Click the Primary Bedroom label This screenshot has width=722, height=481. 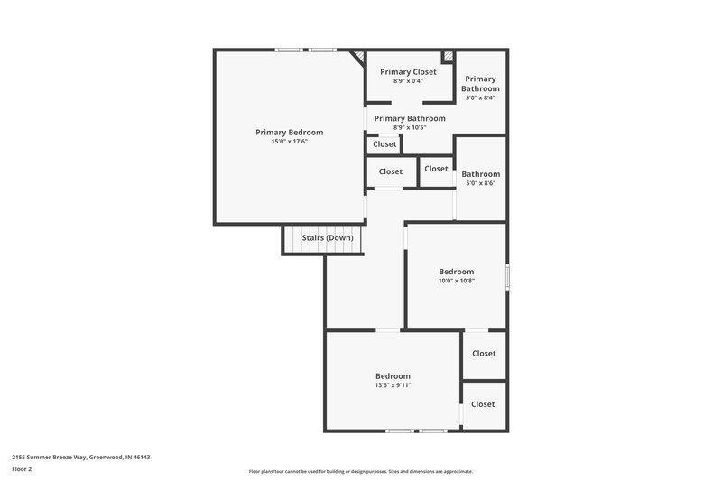point(289,132)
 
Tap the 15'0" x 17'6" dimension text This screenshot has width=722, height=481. point(289,142)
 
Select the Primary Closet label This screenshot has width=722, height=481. point(408,71)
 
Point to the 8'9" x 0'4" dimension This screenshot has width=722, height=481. point(408,81)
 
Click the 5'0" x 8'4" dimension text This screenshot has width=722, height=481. point(480,98)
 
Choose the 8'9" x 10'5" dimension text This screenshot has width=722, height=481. point(409,128)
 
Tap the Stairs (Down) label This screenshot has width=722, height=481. point(327,238)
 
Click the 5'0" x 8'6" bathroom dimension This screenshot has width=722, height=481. point(480,183)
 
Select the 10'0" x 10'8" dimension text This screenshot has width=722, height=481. point(456,281)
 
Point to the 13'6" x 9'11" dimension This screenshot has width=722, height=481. point(393,385)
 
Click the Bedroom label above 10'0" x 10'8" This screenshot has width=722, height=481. point(456,271)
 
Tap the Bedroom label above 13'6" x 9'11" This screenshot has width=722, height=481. point(393,375)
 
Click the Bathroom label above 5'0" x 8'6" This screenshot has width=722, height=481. point(480,174)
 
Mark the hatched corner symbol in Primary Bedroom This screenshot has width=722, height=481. point(358,58)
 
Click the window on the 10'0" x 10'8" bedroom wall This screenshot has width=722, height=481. point(508,276)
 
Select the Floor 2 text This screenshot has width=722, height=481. point(23,469)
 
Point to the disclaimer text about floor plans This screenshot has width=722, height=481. point(360,471)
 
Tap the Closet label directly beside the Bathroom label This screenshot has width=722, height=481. point(436,169)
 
